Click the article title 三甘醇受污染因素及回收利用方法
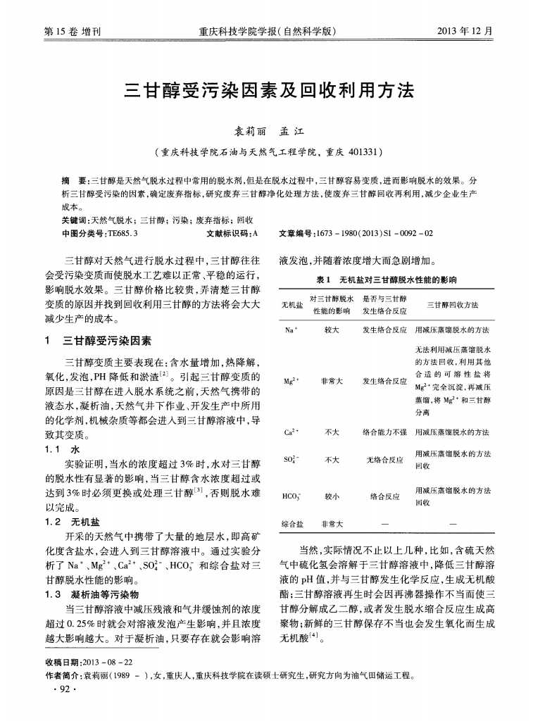coord(267,92)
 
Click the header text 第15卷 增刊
coord(68,32)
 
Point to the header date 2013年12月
coord(465,32)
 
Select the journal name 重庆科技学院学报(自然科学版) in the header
coord(267,32)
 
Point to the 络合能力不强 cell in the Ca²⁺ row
coord(384,432)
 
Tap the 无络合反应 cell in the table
coord(384,460)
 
